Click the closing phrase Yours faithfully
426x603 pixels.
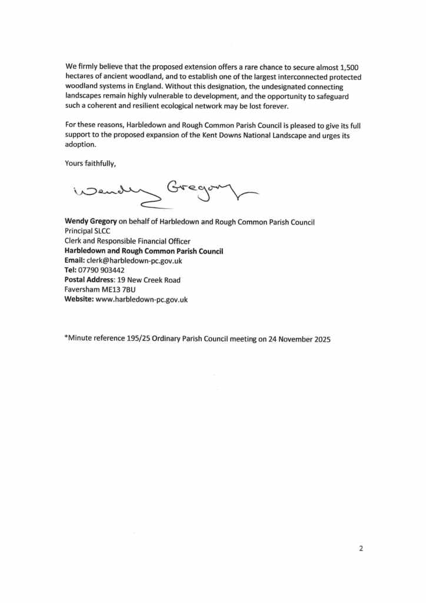pyautogui.click(x=91, y=164)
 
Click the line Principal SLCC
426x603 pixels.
pyautogui.click(x=87, y=231)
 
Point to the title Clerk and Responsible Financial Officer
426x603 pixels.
pyautogui.click(x=127, y=241)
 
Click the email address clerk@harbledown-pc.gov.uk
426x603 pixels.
pyautogui.click(x=133, y=260)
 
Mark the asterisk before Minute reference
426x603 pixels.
pyautogui.click(x=66, y=337)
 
